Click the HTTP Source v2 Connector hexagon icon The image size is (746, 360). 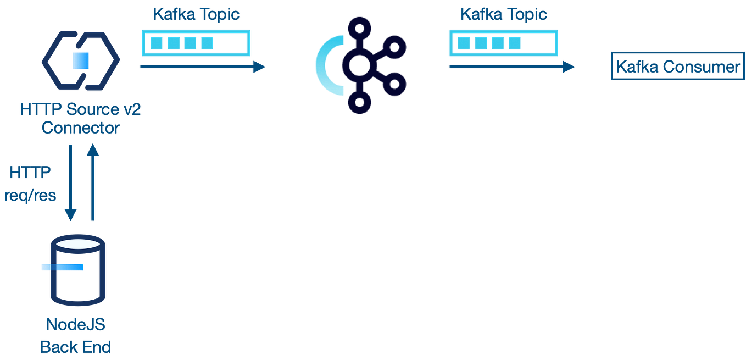pos(80,60)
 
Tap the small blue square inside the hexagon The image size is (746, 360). pos(81,60)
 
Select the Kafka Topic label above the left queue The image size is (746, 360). pos(196,14)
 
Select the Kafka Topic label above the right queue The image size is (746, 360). pos(503,14)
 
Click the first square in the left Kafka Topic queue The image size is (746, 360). pos(157,43)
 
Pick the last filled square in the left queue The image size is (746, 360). pos(207,43)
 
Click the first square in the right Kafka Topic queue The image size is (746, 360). pos(464,43)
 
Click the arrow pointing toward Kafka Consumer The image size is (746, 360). pos(511,67)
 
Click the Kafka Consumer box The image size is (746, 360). pos(677,67)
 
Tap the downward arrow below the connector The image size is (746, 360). pos(70,181)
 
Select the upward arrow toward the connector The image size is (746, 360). pos(93,181)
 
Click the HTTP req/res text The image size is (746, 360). pos(31,185)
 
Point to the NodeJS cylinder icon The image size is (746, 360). pos(77,272)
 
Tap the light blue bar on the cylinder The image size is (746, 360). pos(63,268)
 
